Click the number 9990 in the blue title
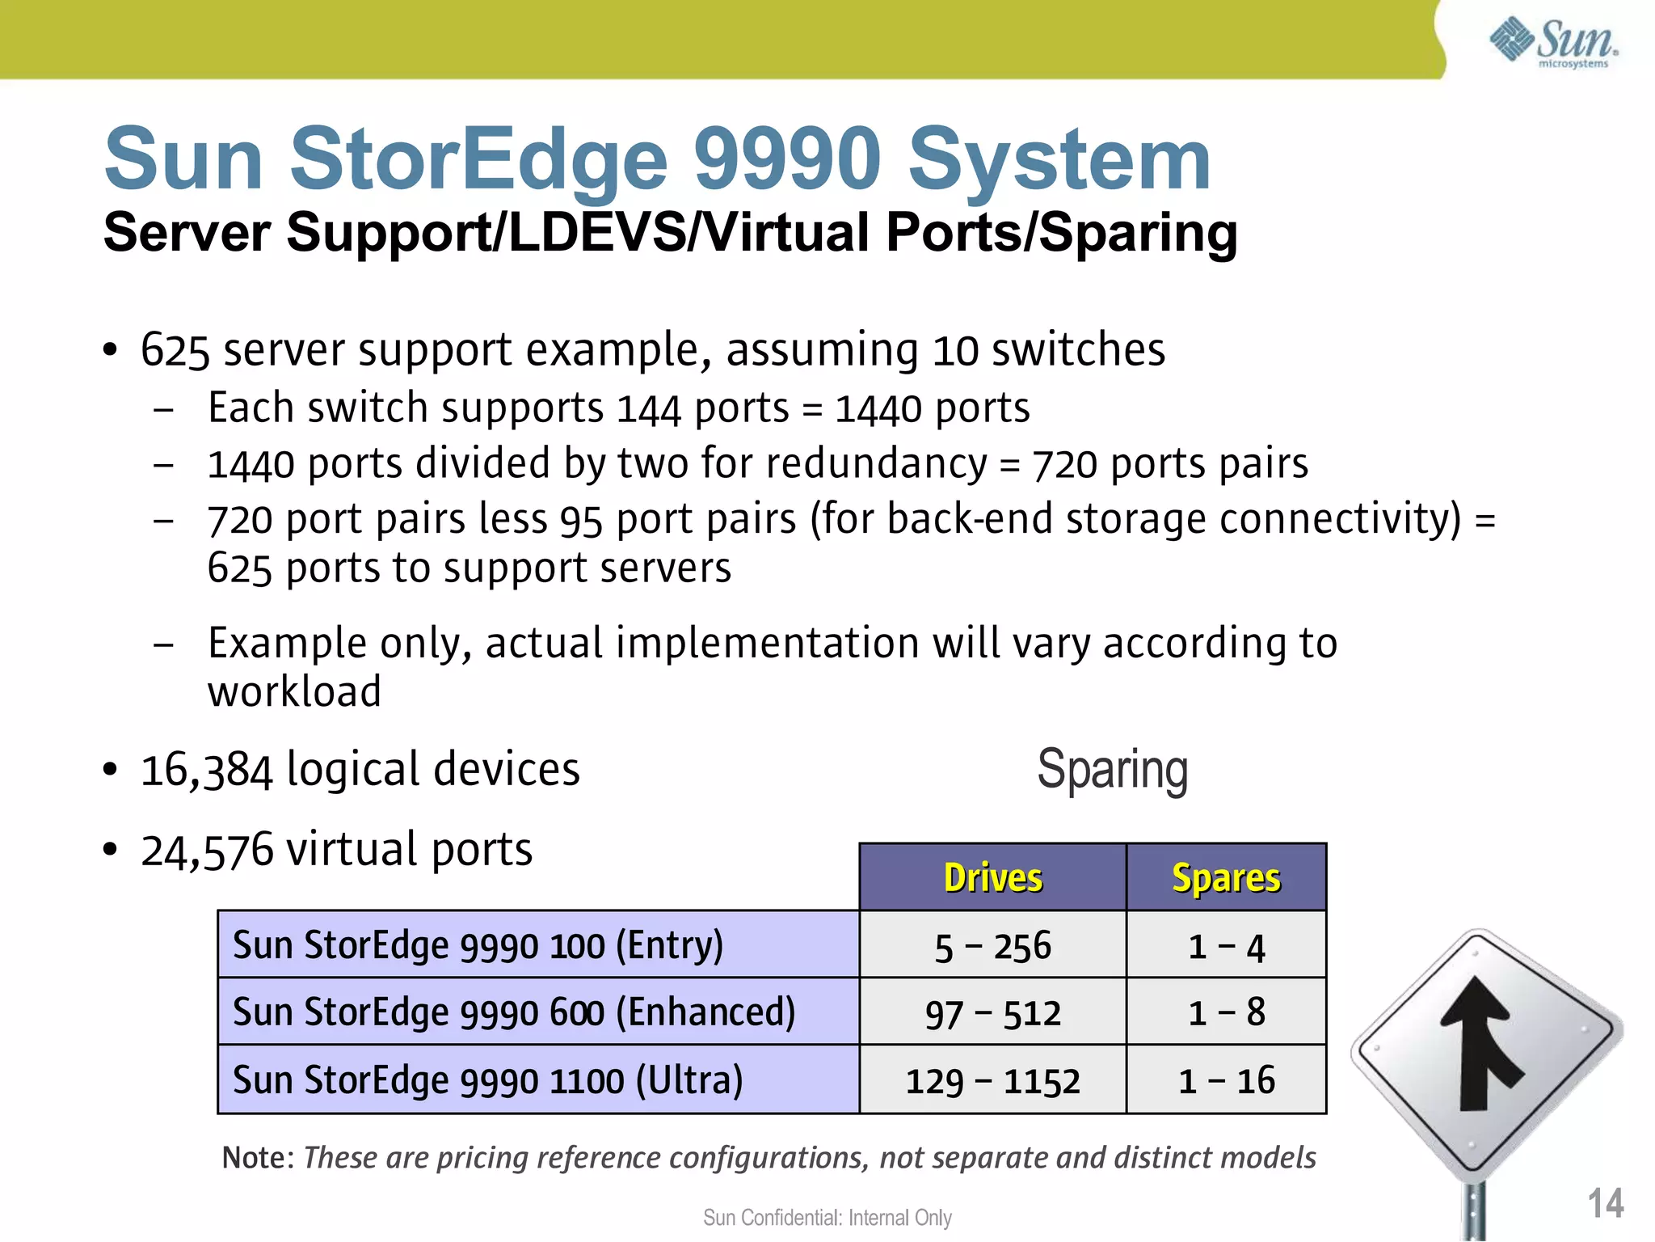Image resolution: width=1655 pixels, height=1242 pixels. tap(787, 158)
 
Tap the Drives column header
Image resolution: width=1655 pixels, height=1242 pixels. tap(992, 878)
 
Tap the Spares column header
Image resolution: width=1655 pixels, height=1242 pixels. tap(1226, 878)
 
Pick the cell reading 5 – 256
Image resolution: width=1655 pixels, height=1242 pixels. tap(992, 946)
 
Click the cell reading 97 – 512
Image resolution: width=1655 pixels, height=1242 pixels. tap(992, 1013)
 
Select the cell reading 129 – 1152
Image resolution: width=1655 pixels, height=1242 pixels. tap(992, 1081)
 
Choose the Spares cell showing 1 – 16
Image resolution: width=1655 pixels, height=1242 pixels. tap(1226, 1081)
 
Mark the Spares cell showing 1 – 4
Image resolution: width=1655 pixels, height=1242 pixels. tap(1226, 946)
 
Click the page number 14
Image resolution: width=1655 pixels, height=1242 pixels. tap(1605, 1203)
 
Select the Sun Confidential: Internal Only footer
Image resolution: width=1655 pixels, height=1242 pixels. tap(827, 1218)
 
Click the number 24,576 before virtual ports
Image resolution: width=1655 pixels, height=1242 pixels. tap(207, 851)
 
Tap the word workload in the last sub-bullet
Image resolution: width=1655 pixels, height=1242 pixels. tap(294, 692)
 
